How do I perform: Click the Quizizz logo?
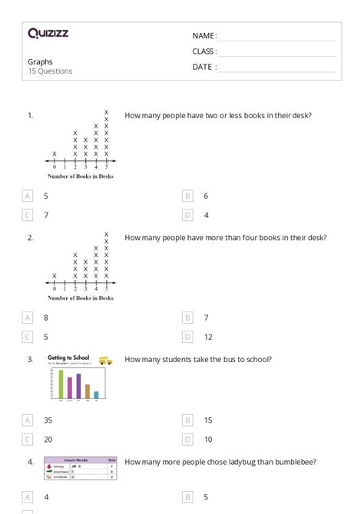pyautogui.click(x=48, y=33)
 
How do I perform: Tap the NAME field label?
pyautogui.click(x=204, y=36)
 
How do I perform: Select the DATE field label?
pyautogui.click(x=204, y=67)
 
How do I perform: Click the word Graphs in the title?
pyautogui.click(x=41, y=61)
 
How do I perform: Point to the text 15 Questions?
pyautogui.click(x=50, y=71)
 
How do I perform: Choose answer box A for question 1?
pyautogui.click(x=28, y=196)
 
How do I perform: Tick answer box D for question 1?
pyautogui.click(x=187, y=216)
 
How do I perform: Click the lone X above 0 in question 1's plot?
pyautogui.click(x=55, y=153)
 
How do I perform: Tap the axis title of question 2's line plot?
pyautogui.click(x=80, y=298)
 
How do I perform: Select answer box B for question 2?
pyautogui.click(x=187, y=317)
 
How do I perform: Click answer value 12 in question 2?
pyautogui.click(x=208, y=337)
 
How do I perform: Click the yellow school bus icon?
pyautogui.click(x=105, y=360)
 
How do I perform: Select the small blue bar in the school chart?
pyautogui.click(x=96, y=396)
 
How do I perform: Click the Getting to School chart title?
pyautogui.click(x=71, y=357)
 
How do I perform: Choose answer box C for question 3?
pyautogui.click(x=28, y=440)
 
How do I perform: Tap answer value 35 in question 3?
pyautogui.click(x=48, y=420)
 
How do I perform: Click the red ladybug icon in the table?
pyautogui.click(x=49, y=465)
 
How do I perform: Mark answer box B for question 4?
pyautogui.click(x=187, y=497)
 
